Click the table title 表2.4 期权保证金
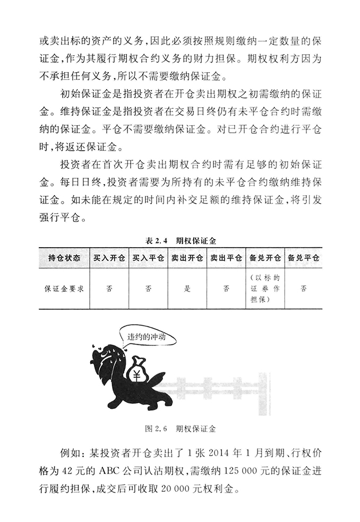click(x=179, y=240)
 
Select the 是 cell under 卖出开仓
click(x=187, y=289)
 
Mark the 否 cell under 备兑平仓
click(x=303, y=289)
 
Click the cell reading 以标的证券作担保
click(x=264, y=289)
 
